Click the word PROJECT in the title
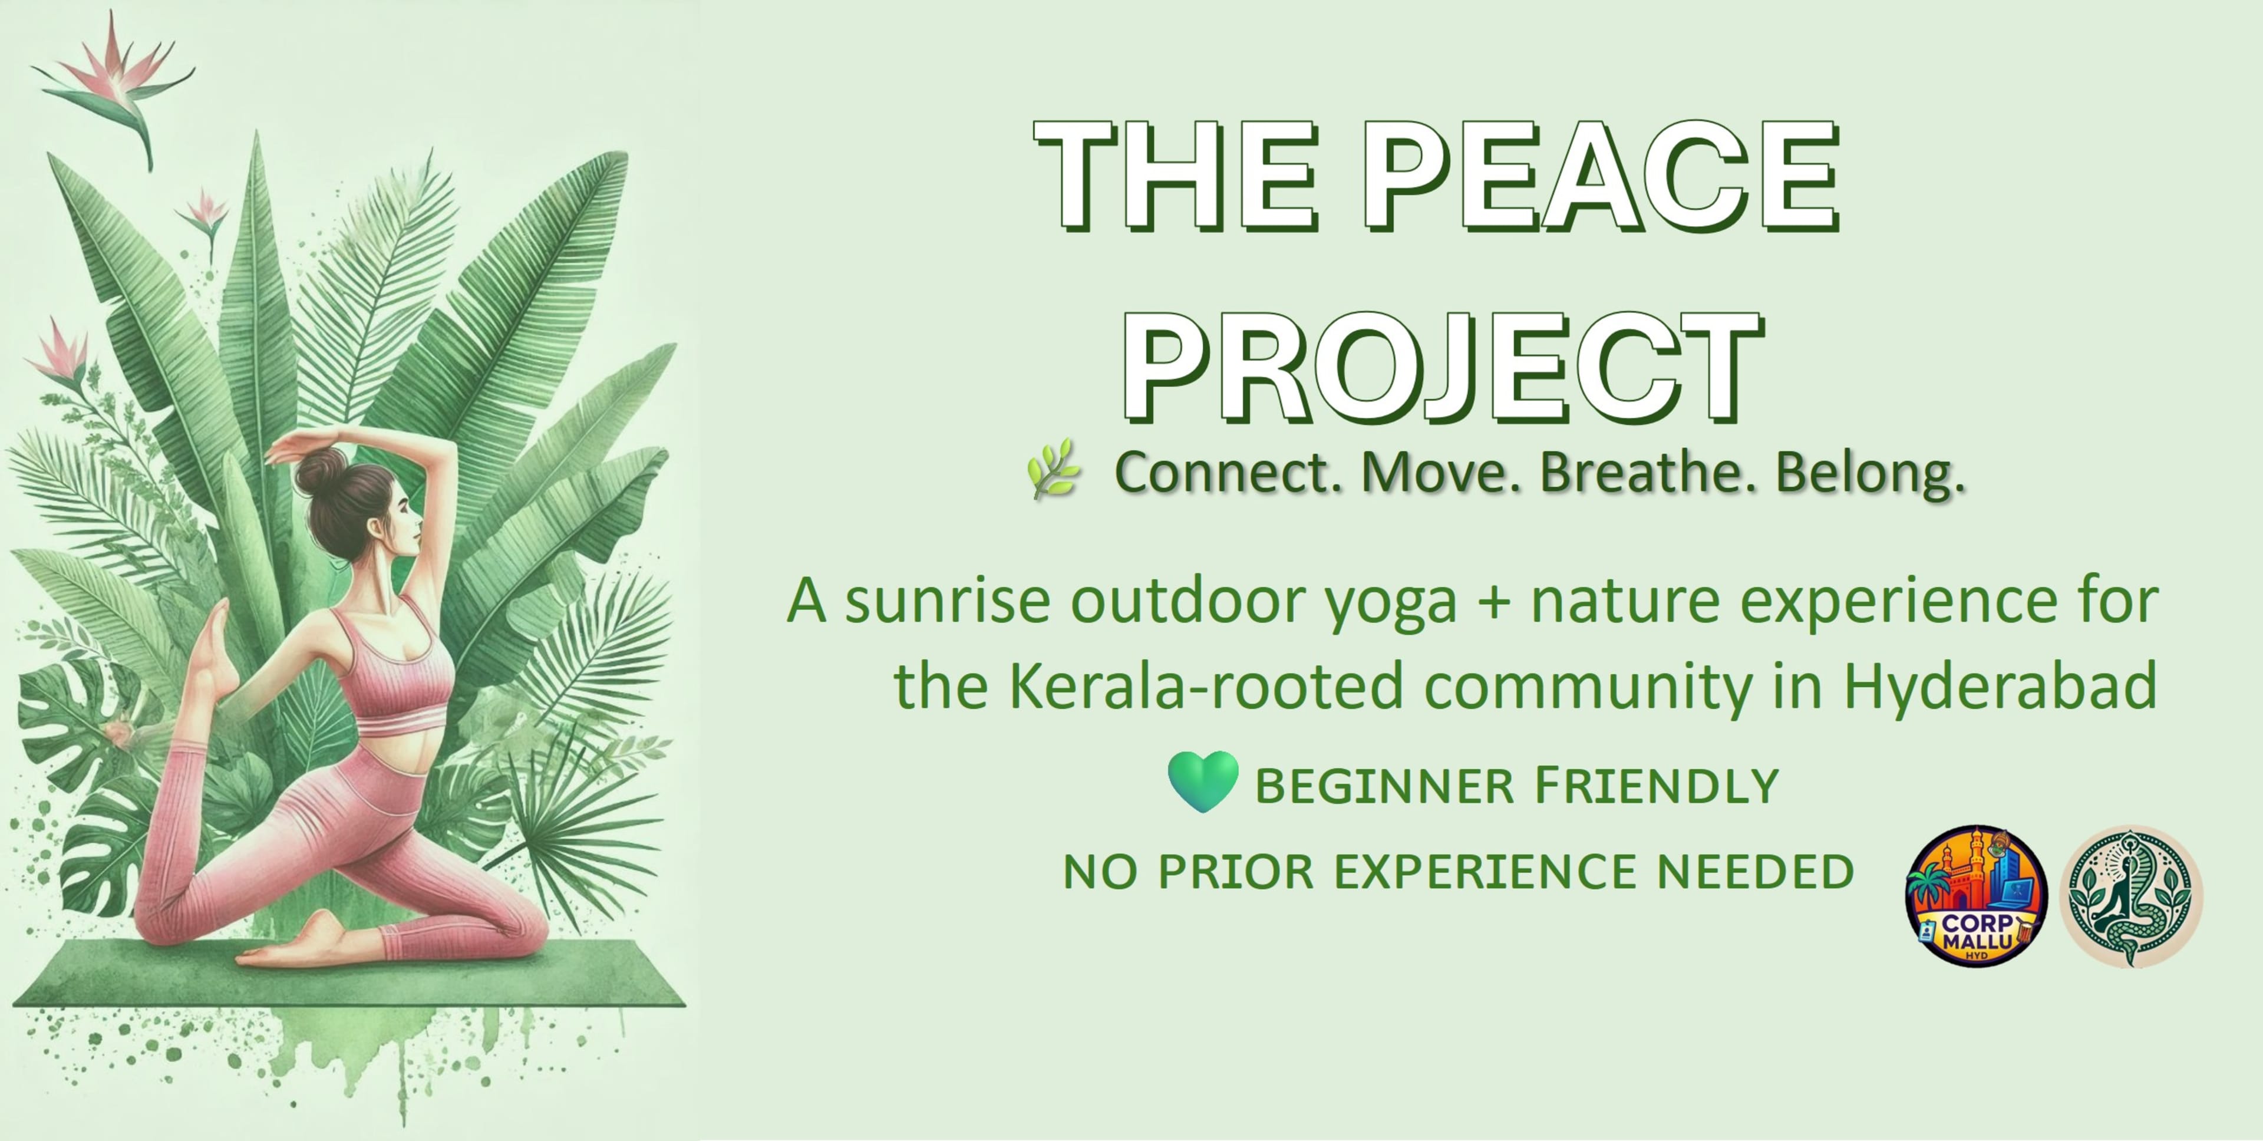point(1441,367)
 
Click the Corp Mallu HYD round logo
point(1976,896)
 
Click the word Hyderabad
point(2000,687)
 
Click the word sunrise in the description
point(947,602)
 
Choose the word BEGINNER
point(1384,786)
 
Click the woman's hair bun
point(318,471)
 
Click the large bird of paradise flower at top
point(114,84)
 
